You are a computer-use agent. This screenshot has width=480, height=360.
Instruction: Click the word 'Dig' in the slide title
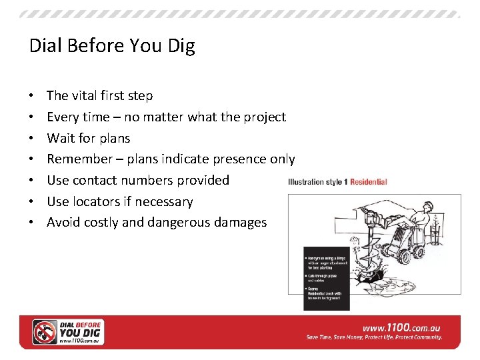(181, 47)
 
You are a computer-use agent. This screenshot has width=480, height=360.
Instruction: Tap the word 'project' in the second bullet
(265, 117)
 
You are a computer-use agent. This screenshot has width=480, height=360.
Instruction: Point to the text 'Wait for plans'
(88, 138)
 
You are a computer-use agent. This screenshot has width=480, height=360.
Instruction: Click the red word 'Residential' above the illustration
(368, 182)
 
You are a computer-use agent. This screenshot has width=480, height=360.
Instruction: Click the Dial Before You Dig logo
(69, 332)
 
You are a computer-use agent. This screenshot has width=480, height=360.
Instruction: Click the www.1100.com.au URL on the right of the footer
(401, 327)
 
